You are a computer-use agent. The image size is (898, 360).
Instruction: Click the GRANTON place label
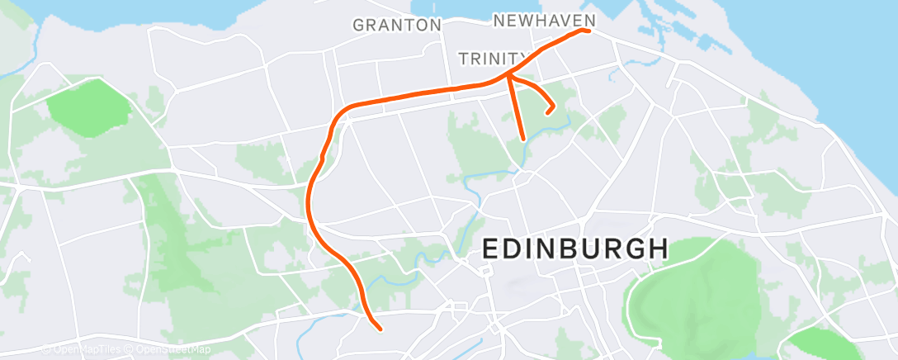point(397,25)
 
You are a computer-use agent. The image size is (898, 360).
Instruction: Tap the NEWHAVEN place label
point(543,20)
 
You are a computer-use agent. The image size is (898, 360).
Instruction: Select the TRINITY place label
point(493,58)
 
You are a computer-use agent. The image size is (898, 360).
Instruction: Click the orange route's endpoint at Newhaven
point(588,31)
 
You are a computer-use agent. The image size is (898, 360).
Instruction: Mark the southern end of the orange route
point(379,329)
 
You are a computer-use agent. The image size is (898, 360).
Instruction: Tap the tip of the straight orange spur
point(522,139)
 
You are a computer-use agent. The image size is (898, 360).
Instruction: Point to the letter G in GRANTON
point(359,25)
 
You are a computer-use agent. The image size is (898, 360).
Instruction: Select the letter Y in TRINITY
point(522,58)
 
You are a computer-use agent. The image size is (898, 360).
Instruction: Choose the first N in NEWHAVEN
point(499,20)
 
